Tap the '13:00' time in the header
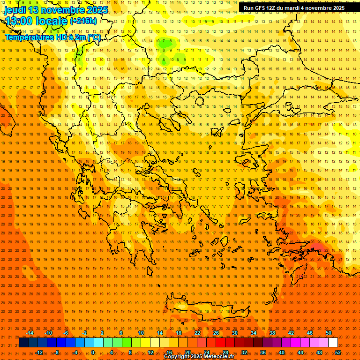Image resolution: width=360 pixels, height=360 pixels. pyautogui.click(x=19, y=21)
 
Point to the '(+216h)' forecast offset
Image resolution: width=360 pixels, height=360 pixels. pyautogui.click(x=83, y=21)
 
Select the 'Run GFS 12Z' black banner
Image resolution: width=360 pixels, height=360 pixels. pyautogui.click(x=294, y=8)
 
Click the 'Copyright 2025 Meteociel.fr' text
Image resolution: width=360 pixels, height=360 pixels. pyautogui.click(x=199, y=357)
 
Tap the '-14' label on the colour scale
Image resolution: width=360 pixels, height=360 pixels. pyautogui.click(x=30, y=333)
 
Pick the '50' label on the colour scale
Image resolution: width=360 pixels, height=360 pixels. pyautogui.click(x=328, y=333)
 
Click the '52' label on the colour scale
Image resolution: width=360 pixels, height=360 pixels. pyautogui.click(x=337, y=352)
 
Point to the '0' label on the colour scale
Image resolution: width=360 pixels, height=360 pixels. pyautogui.click(x=93, y=352)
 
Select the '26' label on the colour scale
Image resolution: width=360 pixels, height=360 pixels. pyautogui.click(x=216, y=333)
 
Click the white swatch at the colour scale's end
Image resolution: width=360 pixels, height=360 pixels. pyautogui.click(x=333, y=343)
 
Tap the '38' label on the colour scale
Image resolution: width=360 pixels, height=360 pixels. pyautogui.click(x=272, y=333)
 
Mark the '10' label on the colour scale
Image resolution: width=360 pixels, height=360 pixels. pyautogui.click(x=141, y=333)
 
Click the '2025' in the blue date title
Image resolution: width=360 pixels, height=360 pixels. pyautogui.click(x=96, y=10)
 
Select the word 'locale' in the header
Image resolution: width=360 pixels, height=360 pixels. pyautogui.click(x=52, y=21)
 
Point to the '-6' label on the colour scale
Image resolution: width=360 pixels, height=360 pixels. pyautogui.click(x=66, y=333)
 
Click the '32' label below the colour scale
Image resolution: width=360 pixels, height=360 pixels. pyautogui.click(x=244, y=352)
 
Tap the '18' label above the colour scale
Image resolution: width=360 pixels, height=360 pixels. pyautogui.click(x=178, y=333)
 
